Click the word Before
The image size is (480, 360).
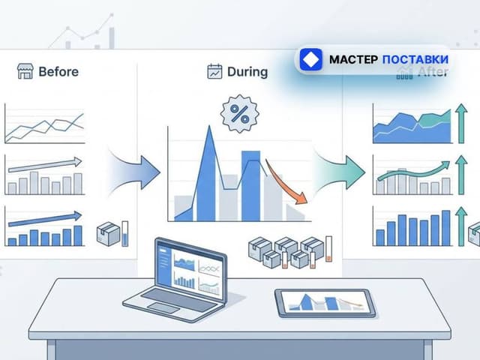[58, 72]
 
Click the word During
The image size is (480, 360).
[247, 72]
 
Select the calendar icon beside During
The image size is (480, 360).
[214, 72]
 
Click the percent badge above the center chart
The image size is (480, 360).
[239, 114]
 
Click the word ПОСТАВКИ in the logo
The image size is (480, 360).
[415, 59]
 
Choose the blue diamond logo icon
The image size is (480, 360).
[311, 59]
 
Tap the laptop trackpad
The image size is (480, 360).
[163, 307]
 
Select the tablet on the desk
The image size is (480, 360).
[324, 302]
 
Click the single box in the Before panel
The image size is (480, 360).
[108, 234]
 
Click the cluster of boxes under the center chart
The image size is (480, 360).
[285, 253]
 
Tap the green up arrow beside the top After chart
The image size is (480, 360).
[461, 123]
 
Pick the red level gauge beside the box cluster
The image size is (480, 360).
[328, 251]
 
